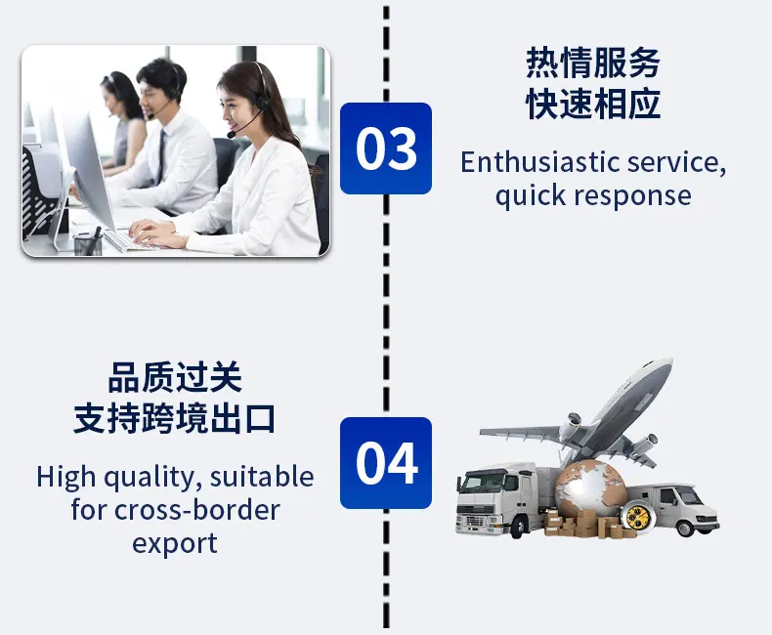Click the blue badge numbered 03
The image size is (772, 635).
[x=386, y=148]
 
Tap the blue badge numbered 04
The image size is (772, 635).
[x=386, y=463]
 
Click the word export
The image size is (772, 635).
[x=175, y=544]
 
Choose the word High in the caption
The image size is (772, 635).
[x=65, y=477]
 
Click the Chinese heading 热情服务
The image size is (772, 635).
[x=593, y=63]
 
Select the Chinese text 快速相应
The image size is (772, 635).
[x=593, y=105]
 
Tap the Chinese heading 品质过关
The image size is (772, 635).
[x=175, y=377]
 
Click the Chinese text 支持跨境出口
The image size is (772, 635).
[x=175, y=419]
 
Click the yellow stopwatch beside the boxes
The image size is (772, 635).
[x=635, y=515]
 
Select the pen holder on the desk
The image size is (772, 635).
[x=88, y=244]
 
